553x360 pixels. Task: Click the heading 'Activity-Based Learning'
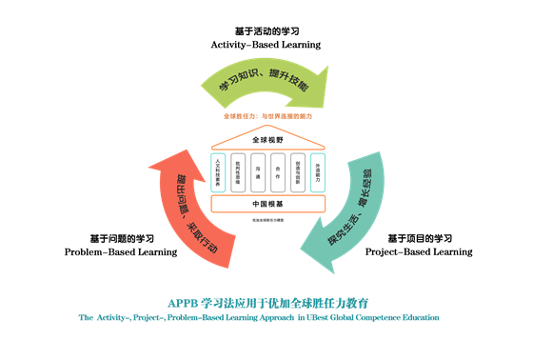tap(266, 45)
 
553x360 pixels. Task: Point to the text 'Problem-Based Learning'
tap(120, 252)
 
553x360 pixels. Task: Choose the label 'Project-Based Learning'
tap(419, 252)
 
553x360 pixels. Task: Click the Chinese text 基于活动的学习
tap(266, 30)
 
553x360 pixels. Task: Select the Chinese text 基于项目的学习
tap(419, 238)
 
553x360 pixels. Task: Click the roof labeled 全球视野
tap(267, 140)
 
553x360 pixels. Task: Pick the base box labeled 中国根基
tap(267, 204)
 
